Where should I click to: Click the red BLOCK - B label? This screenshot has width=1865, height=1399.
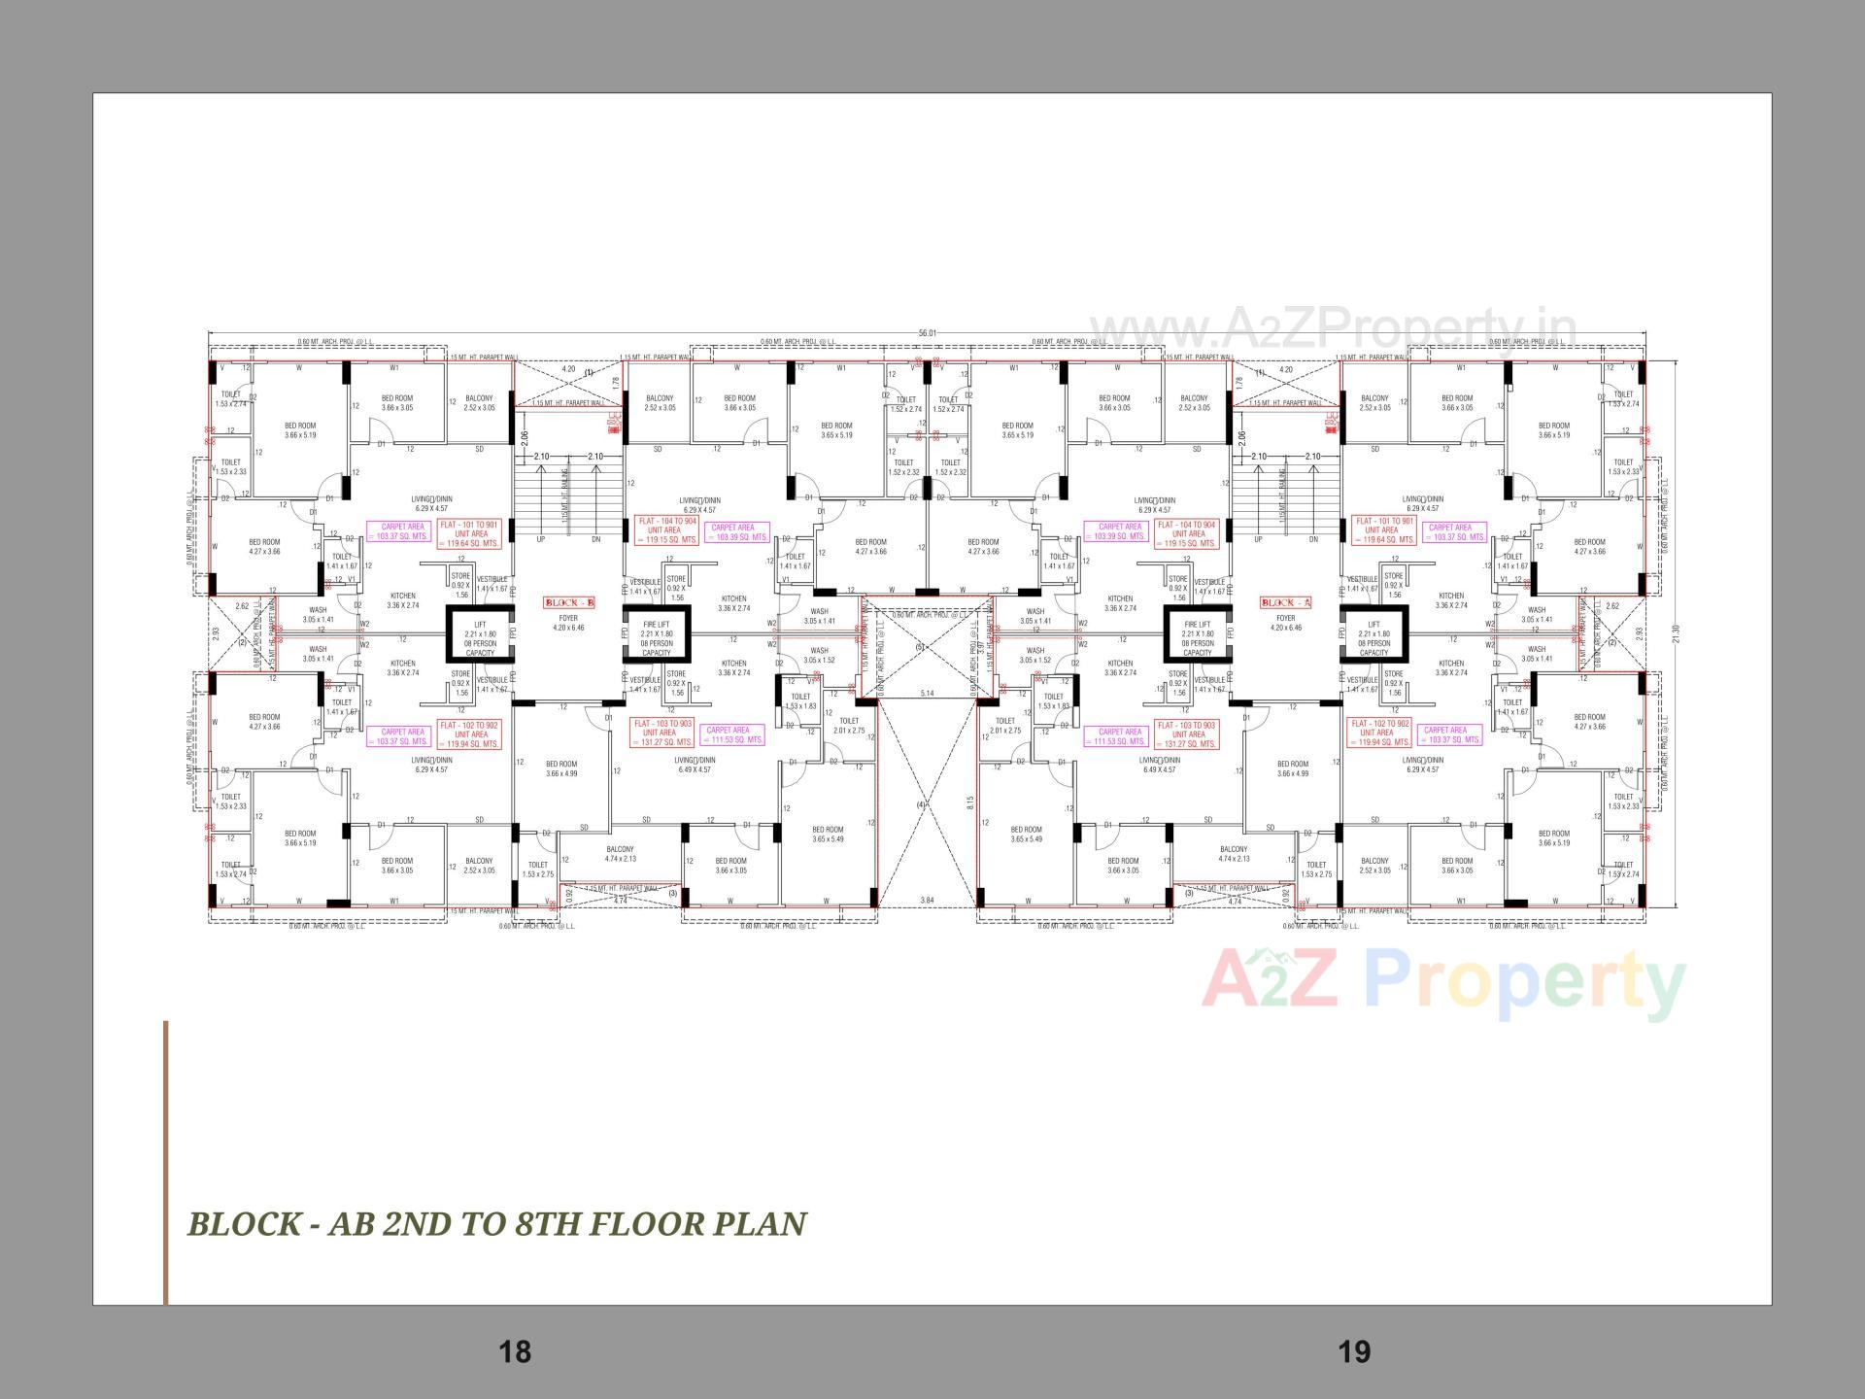[568, 602]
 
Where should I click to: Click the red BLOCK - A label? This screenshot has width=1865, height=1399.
[1286, 602]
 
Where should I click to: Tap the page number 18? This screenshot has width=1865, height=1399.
[515, 1351]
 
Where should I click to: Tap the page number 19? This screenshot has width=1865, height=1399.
[1354, 1351]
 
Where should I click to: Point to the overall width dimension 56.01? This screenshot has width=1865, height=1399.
[927, 333]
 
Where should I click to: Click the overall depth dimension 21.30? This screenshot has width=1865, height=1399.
[1674, 633]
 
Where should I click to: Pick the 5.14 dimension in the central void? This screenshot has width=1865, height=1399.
[926, 693]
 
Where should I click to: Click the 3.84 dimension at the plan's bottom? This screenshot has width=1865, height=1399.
[926, 901]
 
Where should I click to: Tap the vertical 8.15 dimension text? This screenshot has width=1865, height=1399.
[969, 802]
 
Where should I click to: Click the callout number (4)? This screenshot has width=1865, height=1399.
[921, 804]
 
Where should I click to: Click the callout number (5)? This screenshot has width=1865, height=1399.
[920, 646]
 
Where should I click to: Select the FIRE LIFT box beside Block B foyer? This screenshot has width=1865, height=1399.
[657, 637]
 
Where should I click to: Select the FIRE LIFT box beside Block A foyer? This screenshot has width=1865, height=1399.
[1198, 637]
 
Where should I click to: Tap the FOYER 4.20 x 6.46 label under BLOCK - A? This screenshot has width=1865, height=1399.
[1286, 623]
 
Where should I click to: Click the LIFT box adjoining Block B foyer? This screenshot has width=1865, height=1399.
[480, 637]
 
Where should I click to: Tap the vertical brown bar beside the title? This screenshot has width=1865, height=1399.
[166, 1161]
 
